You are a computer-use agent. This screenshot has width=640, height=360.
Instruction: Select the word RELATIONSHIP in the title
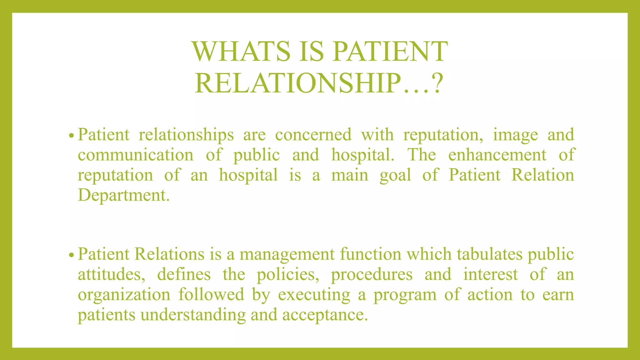pos(297,83)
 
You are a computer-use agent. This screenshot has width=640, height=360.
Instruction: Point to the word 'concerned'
pos(313,135)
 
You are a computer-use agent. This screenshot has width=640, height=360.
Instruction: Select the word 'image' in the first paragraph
pos(515,135)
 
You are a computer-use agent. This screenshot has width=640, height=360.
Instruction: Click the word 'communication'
pos(135,155)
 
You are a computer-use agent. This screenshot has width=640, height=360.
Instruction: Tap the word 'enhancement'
pos(497,155)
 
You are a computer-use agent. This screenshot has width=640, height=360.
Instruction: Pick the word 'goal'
pos(395,175)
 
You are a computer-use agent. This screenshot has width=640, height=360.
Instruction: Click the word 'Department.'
pos(124,195)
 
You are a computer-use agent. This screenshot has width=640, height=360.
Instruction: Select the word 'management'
pos(287,254)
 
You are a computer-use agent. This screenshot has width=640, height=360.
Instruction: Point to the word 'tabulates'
pos(489,254)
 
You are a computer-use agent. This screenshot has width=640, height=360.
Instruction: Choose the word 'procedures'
pos(372,275)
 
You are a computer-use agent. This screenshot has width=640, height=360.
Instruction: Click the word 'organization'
pos(124,295)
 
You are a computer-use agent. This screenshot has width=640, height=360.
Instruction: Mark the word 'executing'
pos(314,295)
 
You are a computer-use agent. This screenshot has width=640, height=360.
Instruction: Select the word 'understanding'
pos(193,315)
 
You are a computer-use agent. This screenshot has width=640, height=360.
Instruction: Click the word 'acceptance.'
pos(325,315)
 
